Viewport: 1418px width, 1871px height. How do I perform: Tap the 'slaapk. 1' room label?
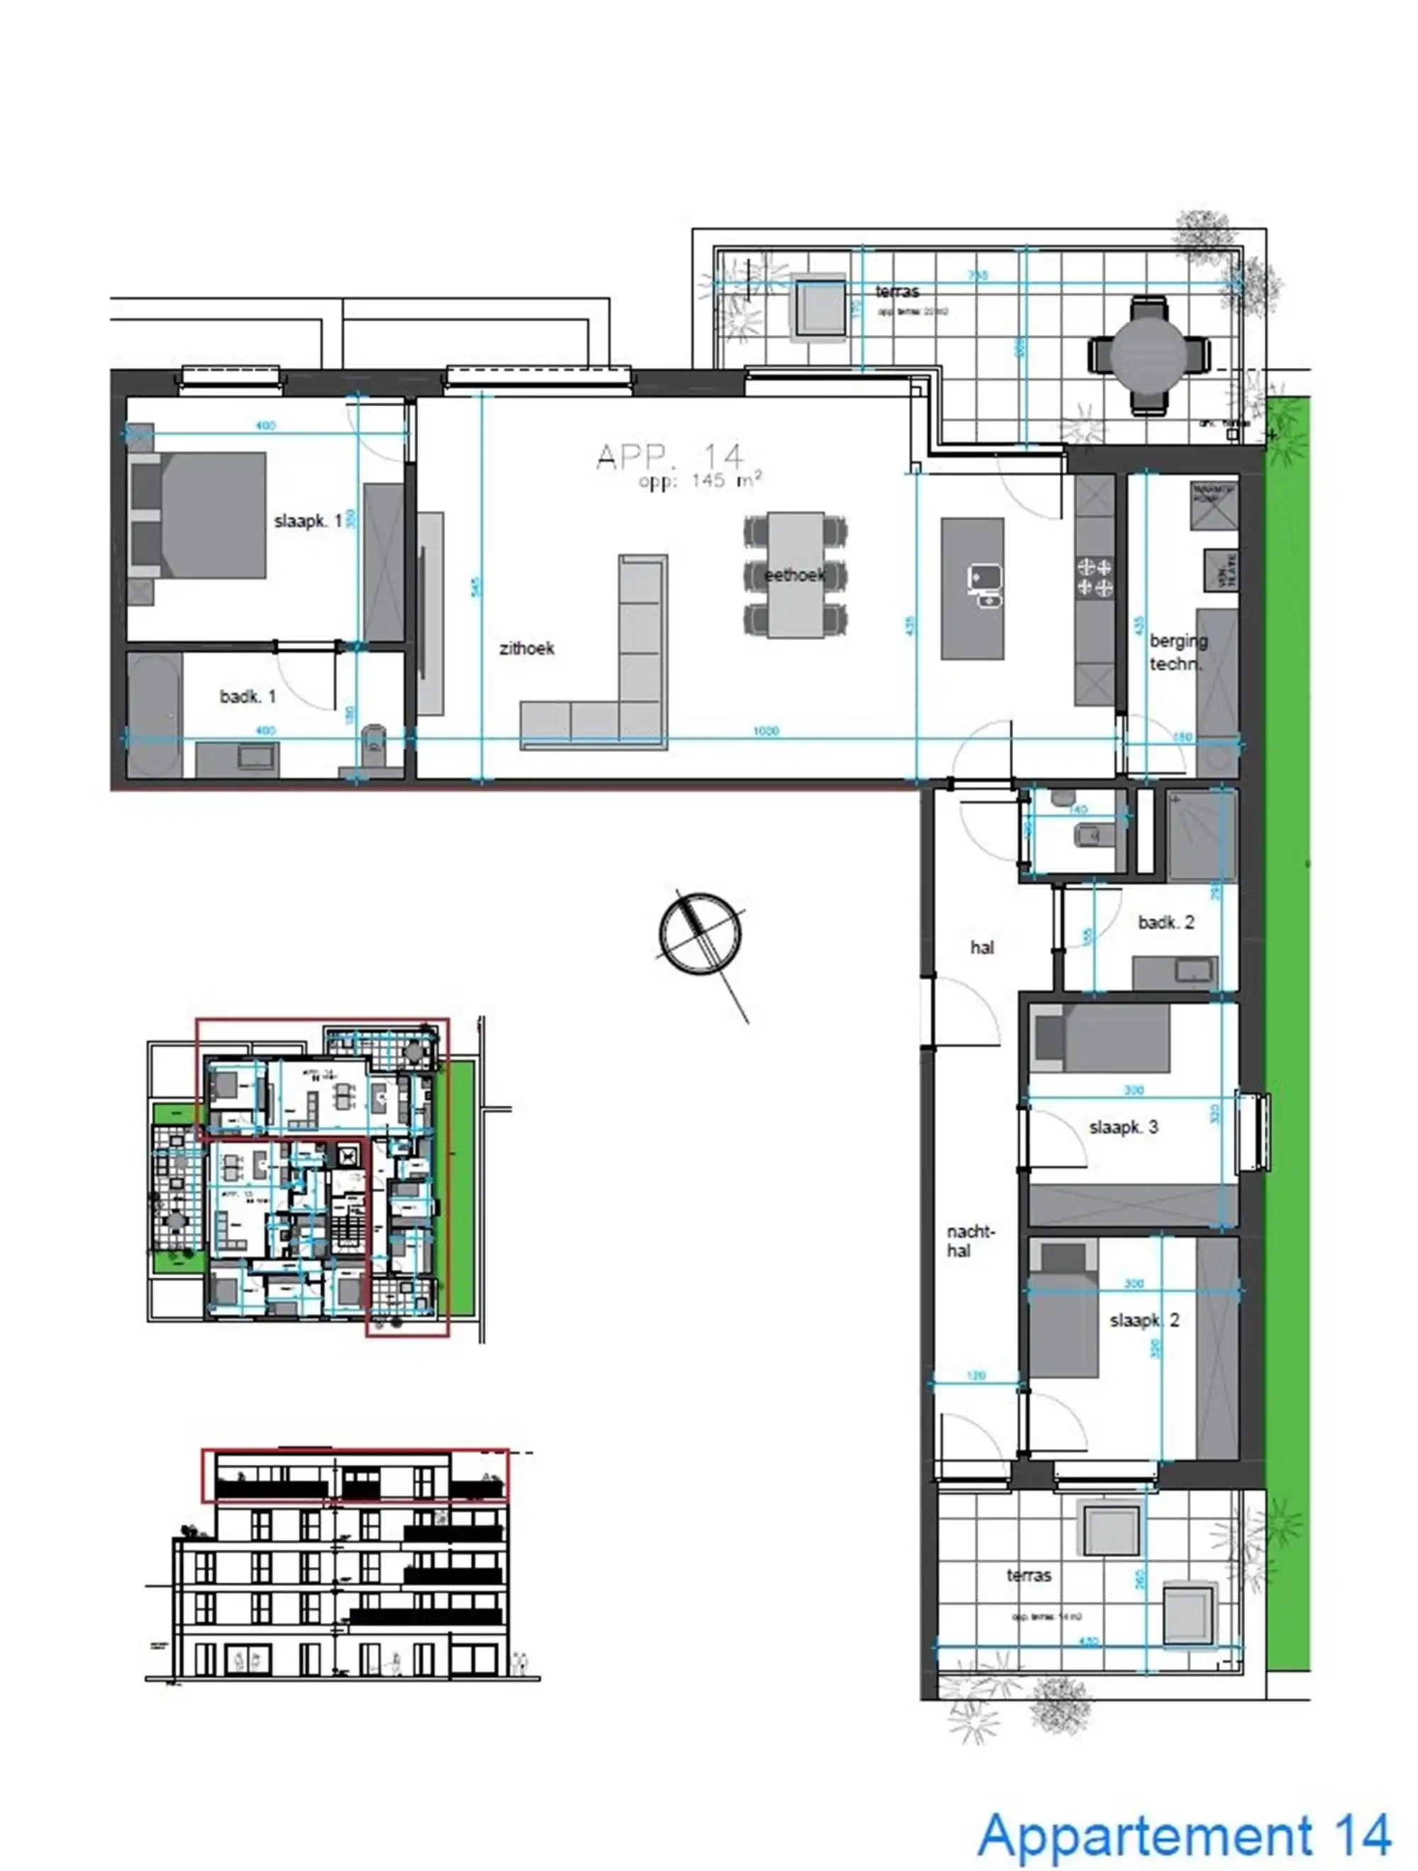click(x=308, y=521)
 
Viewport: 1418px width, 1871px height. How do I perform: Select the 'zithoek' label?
click(x=526, y=648)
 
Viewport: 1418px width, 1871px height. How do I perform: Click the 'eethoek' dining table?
click(x=795, y=575)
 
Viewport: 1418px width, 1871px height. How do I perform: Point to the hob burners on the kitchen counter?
click(x=1094, y=577)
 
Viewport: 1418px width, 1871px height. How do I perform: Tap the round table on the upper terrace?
click(x=1149, y=354)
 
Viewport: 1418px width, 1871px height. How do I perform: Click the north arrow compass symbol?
click(x=700, y=934)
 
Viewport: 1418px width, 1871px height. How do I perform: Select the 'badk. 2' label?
click(x=1165, y=922)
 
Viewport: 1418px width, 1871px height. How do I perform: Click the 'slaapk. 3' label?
click(x=1123, y=1127)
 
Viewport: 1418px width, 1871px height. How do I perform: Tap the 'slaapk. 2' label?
click(x=1144, y=1320)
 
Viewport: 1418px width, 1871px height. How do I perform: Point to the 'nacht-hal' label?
click(x=970, y=1241)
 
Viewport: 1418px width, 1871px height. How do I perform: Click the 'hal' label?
click(x=981, y=948)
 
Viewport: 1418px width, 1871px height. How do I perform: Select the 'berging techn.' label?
click(x=1177, y=652)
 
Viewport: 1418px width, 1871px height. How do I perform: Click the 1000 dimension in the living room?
click(x=765, y=731)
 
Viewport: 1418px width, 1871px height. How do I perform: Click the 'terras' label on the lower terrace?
click(x=1028, y=1575)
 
